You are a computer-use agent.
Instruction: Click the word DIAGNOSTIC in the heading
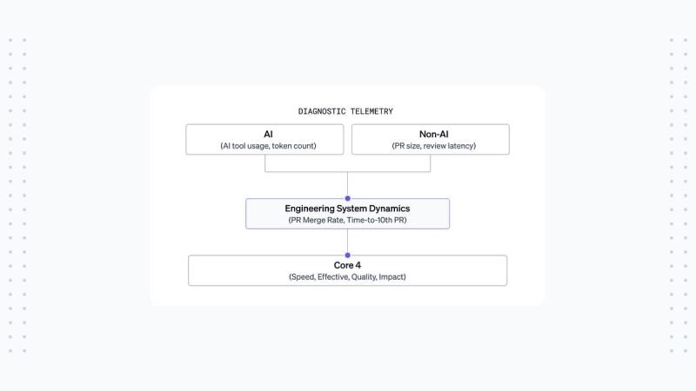322,111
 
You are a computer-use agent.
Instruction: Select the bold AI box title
268,134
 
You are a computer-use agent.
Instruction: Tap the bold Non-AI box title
433,134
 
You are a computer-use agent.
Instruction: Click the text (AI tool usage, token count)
268,146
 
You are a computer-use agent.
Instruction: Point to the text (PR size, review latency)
433,146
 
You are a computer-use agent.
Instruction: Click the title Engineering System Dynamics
347,209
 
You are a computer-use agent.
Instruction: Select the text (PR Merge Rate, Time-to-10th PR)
347,220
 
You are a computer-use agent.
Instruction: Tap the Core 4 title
347,265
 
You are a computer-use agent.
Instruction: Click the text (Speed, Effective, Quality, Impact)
347,276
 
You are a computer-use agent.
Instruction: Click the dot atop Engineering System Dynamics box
347,198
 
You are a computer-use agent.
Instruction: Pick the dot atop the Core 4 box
347,255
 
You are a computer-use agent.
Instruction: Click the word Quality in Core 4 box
364,277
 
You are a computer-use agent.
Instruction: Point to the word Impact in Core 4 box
392,277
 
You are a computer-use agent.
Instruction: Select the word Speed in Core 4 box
302,277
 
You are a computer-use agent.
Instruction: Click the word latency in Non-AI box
461,146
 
